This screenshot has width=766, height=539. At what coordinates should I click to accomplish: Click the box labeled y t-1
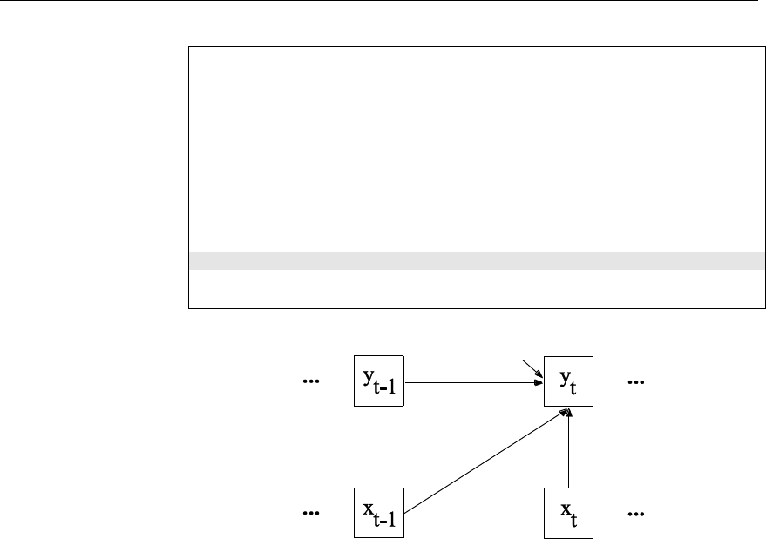click(379, 381)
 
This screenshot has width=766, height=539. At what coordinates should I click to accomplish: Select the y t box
click(568, 381)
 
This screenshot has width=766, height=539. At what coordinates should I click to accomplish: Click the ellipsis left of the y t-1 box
click(309, 382)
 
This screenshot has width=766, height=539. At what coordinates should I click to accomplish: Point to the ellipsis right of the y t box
click(636, 382)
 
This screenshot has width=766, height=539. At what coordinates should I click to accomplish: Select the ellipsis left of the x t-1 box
click(309, 514)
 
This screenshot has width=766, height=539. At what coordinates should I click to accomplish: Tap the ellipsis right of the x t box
click(636, 514)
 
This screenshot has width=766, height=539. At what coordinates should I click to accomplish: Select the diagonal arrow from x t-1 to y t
click(488, 461)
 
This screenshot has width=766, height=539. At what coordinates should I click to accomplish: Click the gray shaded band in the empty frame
click(471, 260)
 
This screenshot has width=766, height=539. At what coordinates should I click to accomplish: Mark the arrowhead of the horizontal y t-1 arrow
click(539, 381)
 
